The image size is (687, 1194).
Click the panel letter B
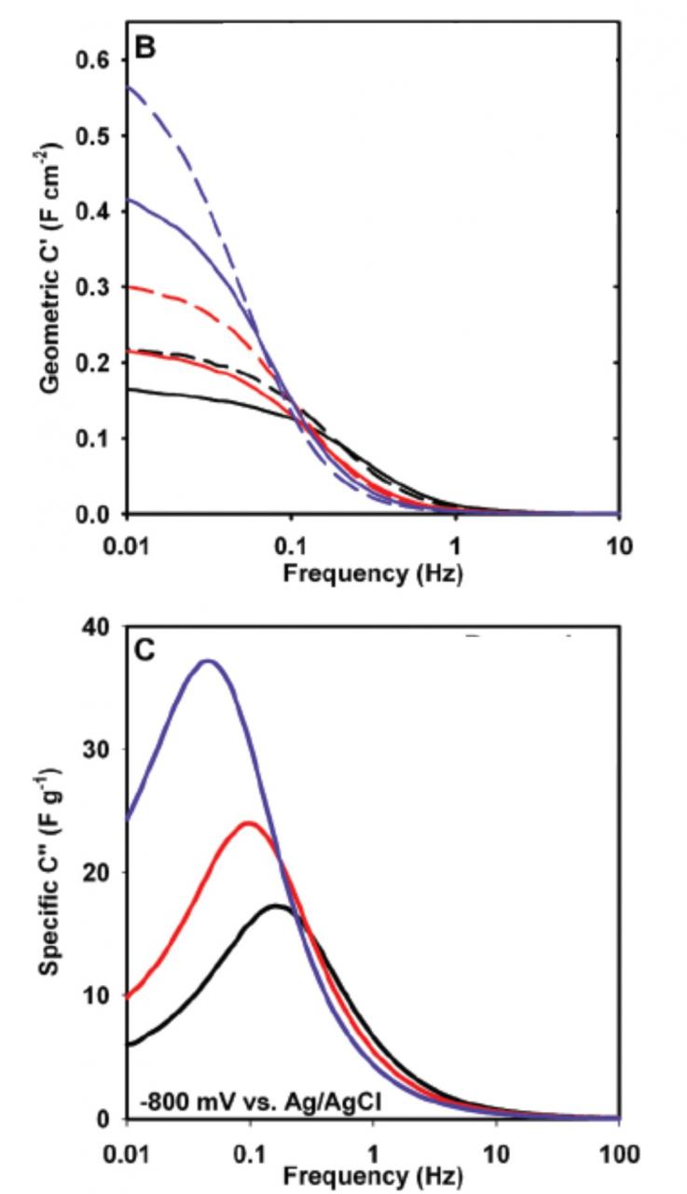click(x=144, y=48)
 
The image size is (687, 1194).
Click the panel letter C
click(x=145, y=649)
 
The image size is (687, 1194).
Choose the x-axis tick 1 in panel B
click(x=456, y=542)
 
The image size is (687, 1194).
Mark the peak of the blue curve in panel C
click(x=210, y=661)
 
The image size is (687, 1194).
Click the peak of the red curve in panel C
click(x=249, y=823)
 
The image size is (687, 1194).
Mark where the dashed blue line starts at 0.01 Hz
click(x=128, y=87)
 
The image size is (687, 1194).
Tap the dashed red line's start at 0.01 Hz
click(x=128, y=287)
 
